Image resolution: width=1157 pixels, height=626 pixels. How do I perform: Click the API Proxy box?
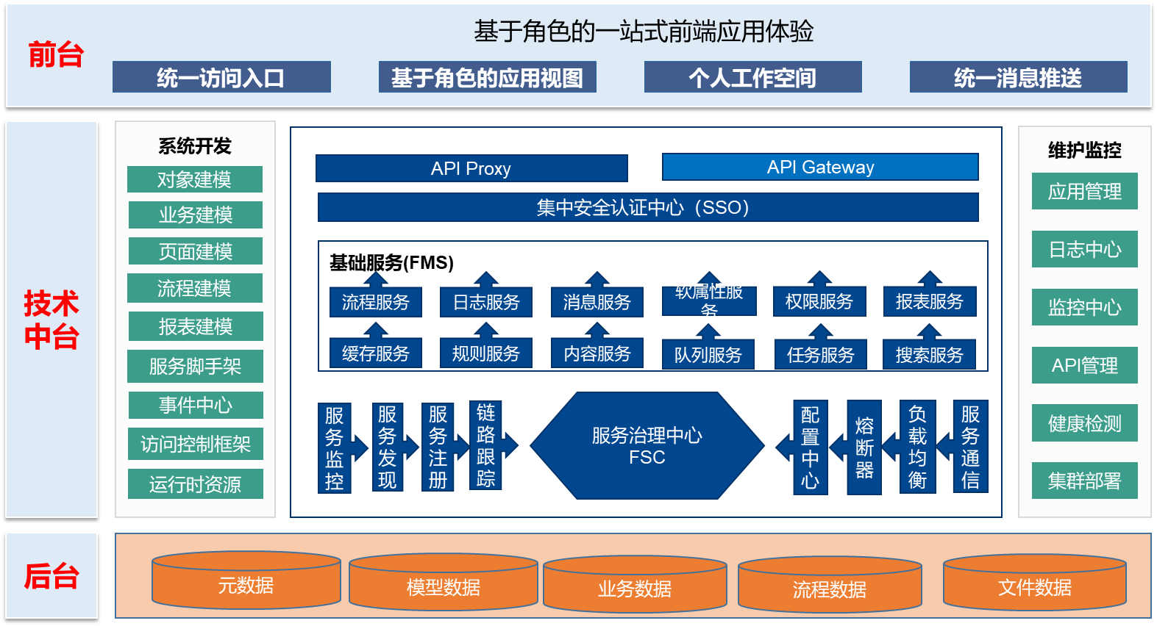471,168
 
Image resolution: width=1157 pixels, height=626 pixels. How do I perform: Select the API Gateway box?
820,167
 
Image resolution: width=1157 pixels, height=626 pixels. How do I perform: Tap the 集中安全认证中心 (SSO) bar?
648,207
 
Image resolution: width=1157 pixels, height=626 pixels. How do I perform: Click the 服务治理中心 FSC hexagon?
647,445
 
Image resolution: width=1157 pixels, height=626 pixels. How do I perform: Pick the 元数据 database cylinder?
246,580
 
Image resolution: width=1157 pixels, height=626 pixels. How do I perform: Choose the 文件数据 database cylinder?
1035,582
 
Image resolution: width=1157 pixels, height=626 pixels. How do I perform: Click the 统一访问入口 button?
221,77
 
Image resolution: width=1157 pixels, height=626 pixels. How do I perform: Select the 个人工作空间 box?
752,77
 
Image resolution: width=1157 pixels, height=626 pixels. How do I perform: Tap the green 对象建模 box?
195,179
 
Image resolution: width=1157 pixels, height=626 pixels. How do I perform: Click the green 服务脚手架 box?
195,366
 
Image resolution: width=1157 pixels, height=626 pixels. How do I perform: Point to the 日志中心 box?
1085,249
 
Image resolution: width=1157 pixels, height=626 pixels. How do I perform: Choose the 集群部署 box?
1085,481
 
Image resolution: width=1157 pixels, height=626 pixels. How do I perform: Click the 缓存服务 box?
376,353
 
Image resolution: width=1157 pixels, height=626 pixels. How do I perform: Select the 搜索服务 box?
929,354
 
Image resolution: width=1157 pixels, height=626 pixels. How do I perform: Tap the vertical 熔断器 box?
864,447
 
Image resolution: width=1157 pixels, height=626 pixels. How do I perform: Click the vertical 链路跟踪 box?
485,445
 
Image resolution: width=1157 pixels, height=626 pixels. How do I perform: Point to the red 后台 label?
51,576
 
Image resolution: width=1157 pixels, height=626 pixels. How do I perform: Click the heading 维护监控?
1085,150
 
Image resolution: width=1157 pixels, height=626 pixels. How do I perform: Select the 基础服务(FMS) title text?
391,263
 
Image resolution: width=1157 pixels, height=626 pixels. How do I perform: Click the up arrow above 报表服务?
930,278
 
